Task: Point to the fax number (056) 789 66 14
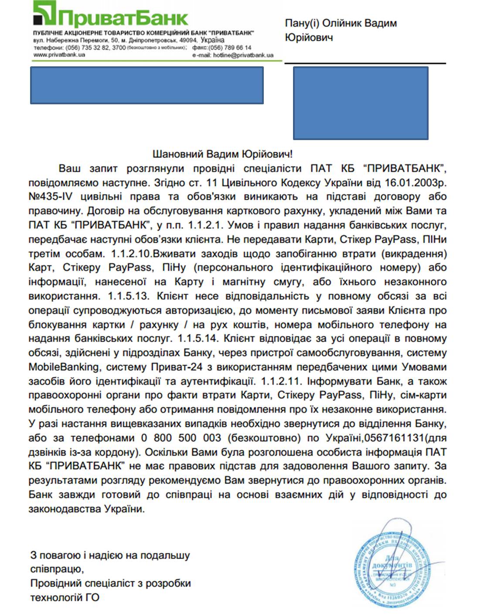230,48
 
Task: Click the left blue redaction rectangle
147,85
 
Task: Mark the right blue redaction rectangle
360,103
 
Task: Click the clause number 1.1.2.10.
131,254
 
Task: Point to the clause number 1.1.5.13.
129,296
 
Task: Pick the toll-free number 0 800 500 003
181,438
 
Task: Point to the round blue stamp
391,566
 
